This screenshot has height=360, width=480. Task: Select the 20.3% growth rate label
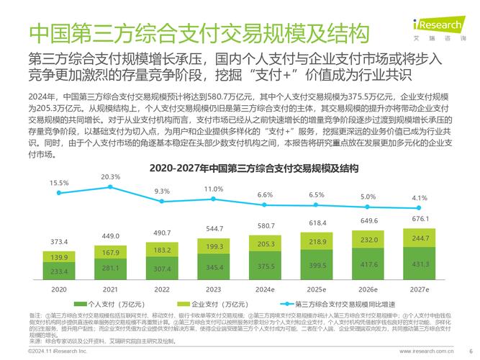pyautogui.click(x=111, y=176)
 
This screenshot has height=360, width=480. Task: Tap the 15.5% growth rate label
pyautogui.click(x=59, y=183)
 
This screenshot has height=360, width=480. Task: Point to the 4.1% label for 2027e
pyautogui.click(x=420, y=198)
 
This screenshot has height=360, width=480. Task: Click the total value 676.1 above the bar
pyautogui.click(x=420, y=219)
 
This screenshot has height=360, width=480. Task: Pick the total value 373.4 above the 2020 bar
pyautogui.click(x=59, y=242)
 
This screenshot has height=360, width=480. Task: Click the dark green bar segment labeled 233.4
pyautogui.click(x=59, y=271)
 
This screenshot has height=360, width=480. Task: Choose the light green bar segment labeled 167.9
pyautogui.click(x=111, y=253)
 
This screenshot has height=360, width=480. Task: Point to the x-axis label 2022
pyautogui.click(x=162, y=289)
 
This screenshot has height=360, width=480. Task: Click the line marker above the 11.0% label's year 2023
pyautogui.click(x=214, y=201)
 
